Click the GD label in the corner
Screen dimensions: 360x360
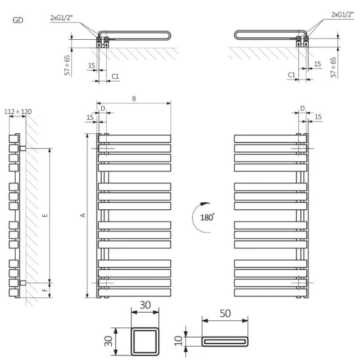coord(18,20)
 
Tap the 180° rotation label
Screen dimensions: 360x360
coord(207,217)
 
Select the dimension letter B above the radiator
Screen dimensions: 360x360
coord(134,99)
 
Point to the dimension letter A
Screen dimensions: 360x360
coord(82,215)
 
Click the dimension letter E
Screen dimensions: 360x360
coord(45,215)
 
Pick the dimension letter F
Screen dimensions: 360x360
coord(45,290)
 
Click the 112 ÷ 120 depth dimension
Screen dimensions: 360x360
coord(18,112)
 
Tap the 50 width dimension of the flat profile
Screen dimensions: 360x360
coord(225,313)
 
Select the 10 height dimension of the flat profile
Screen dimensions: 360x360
coord(178,341)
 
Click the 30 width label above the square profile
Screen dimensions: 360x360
coord(145,305)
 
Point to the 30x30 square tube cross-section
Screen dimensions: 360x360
coord(145,341)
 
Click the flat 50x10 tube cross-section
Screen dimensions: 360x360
coord(225,341)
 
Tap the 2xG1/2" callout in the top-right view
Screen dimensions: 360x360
coord(342,15)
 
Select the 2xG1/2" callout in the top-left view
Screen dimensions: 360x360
coord(61,18)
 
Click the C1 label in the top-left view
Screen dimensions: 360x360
coord(115,76)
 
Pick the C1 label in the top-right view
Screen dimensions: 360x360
coord(292,75)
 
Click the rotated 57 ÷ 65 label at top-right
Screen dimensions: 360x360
coord(333,67)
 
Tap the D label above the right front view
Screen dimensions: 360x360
coord(303,108)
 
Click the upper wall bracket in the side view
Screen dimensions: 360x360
coord(23,148)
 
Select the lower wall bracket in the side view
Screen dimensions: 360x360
coord(23,283)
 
